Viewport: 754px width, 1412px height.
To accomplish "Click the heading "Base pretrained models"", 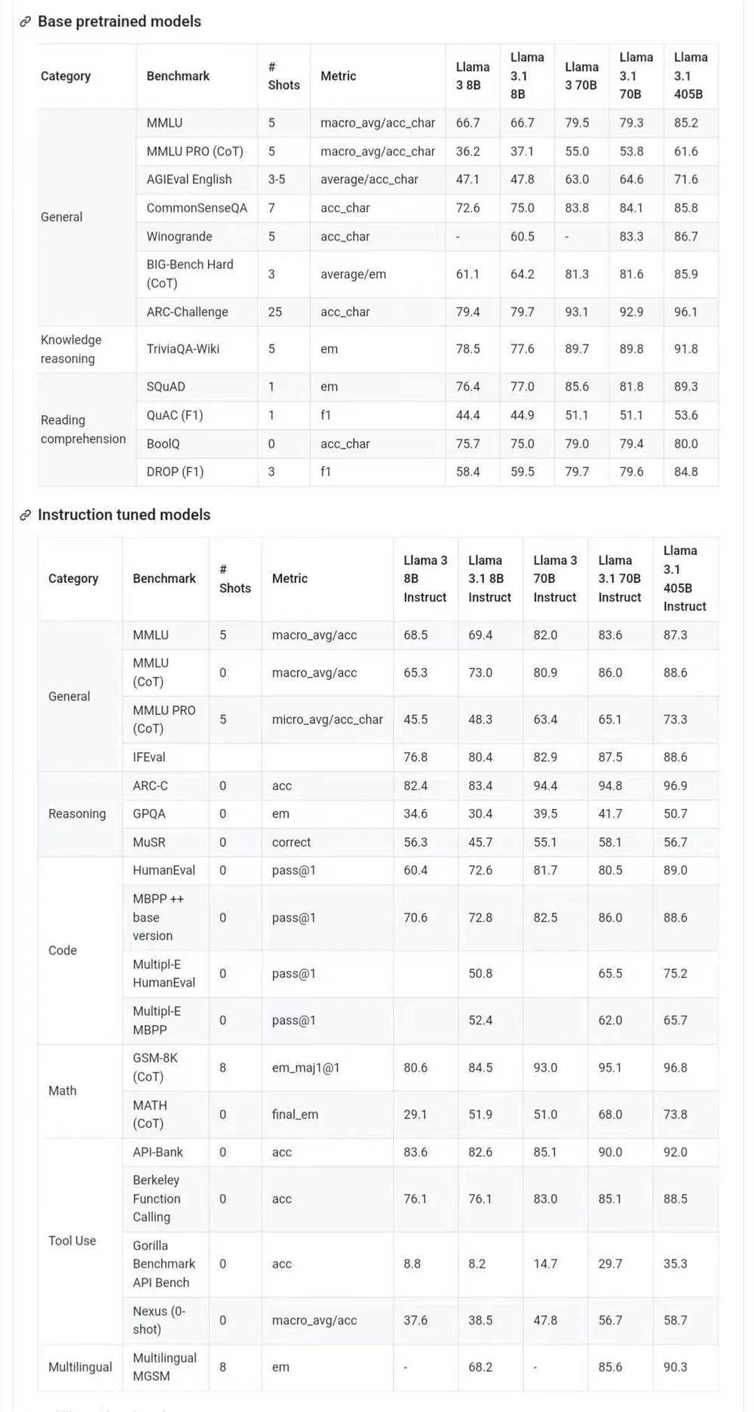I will click(x=119, y=21).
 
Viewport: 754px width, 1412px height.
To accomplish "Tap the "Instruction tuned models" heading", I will click(x=124, y=515).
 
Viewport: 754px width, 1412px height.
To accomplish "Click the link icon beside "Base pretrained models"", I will click(x=26, y=22).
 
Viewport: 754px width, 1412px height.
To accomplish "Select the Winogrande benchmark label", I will click(x=179, y=237).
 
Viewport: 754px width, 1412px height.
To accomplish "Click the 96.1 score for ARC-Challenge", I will click(x=685, y=312).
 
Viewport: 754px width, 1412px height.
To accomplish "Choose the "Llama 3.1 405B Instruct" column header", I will click(x=685, y=578).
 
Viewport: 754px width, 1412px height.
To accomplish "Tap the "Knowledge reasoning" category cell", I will click(x=71, y=349).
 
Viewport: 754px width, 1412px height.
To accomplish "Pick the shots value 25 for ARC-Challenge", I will click(x=274, y=312).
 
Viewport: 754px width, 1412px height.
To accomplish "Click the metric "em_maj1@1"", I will click(x=305, y=1067).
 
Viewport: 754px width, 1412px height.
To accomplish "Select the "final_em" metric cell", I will click(x=295, y=1114).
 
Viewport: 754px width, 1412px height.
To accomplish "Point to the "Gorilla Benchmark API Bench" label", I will click(x=164, y=1263).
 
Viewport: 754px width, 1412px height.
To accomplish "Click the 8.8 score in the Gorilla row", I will click(x=412, y=1263).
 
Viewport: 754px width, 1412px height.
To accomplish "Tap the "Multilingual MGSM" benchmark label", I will click(x=164, y=1367).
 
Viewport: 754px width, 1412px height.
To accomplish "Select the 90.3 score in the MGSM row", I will click(x=675, y=1367).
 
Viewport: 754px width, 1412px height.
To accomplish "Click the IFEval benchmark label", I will click(x=149, y=757).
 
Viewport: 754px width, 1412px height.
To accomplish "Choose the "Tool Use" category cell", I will click(x=72, y=1241).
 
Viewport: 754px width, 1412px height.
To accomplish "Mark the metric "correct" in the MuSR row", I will click(x=291, y=842).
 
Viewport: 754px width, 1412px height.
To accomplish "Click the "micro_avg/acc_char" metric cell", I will click(x=327, y=719).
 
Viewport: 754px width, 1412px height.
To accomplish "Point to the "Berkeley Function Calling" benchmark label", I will click(x=157, y=1199).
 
